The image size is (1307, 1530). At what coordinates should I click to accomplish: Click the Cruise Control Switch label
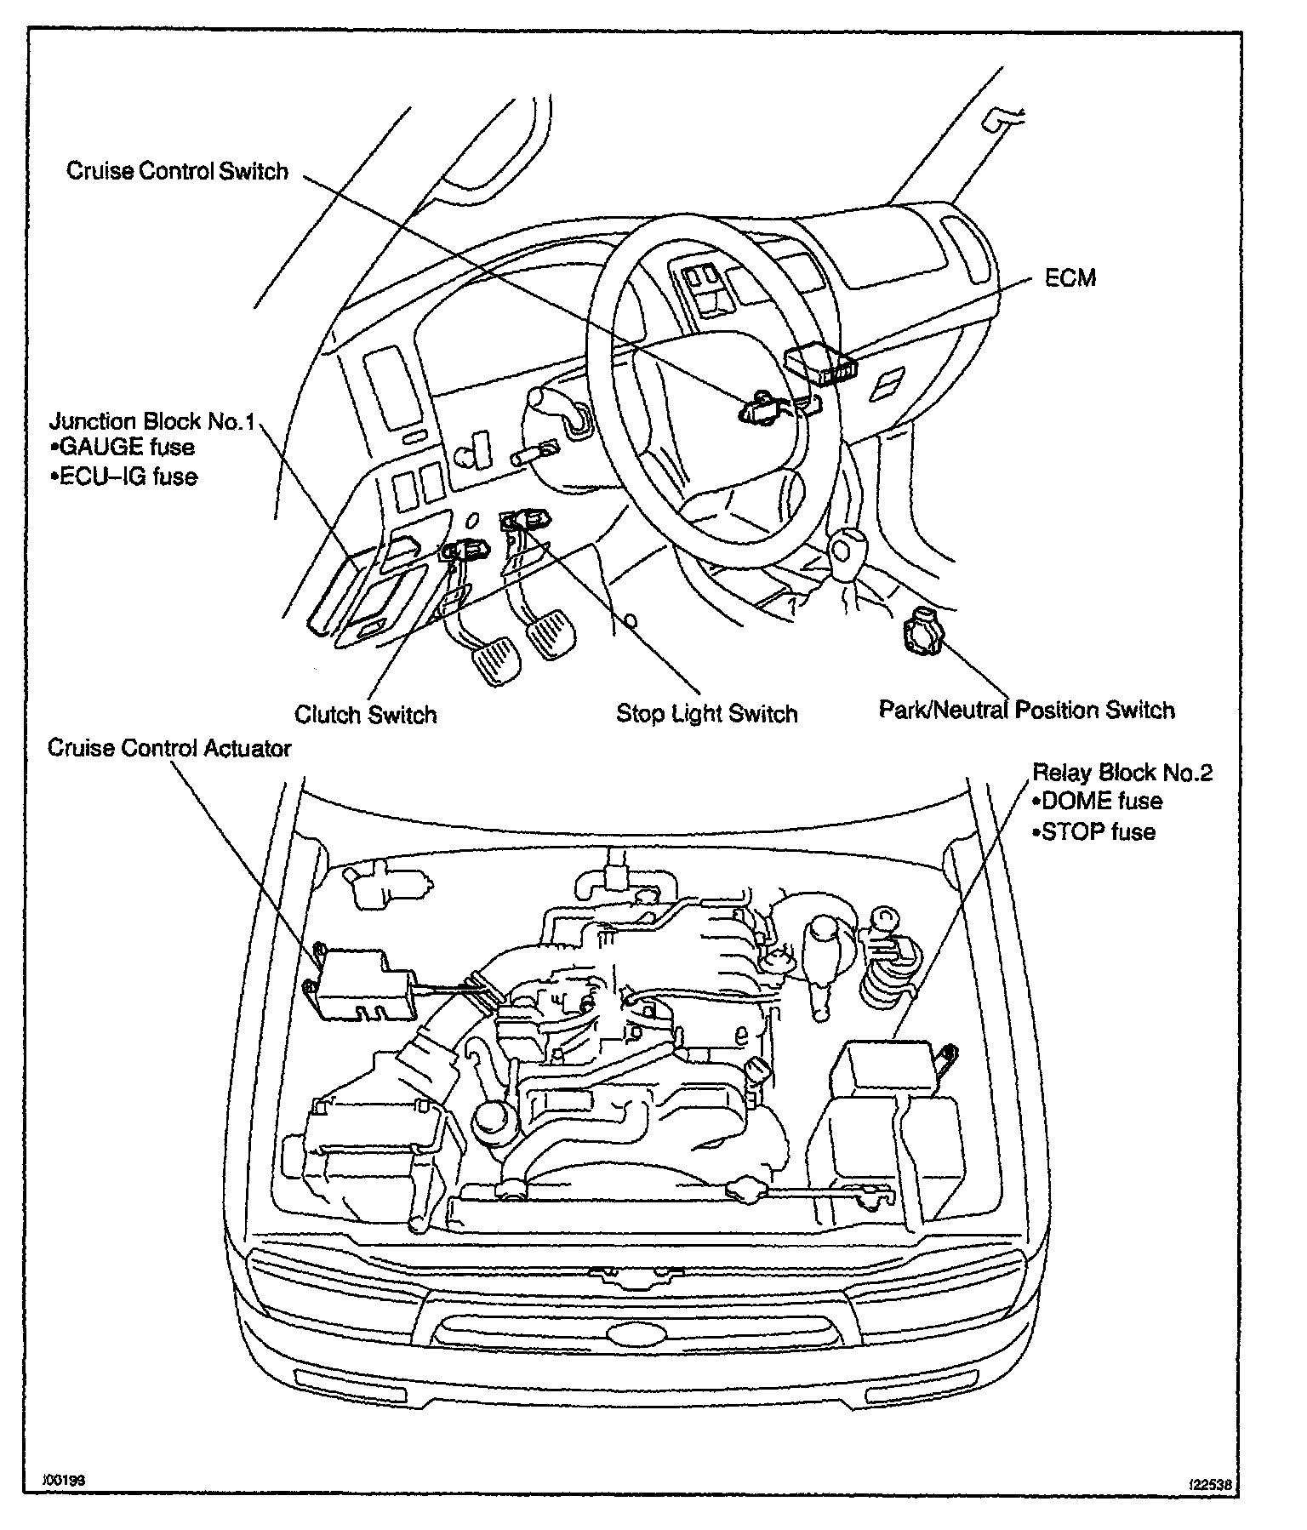point(177,171)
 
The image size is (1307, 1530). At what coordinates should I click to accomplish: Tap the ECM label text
point(1070,278)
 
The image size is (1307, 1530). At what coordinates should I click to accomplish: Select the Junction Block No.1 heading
point(151,421)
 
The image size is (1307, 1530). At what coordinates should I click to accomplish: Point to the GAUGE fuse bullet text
point(123,448)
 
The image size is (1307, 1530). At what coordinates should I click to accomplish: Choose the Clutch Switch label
point(365,714)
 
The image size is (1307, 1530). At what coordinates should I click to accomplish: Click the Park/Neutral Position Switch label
point(1026,710)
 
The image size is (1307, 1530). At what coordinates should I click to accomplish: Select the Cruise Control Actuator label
point(169,748)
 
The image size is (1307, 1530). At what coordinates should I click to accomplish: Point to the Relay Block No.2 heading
point(1122,773)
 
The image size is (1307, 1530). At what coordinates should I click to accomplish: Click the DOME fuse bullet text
point(1096,801)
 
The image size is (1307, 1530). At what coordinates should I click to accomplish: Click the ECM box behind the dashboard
point(820,365)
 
